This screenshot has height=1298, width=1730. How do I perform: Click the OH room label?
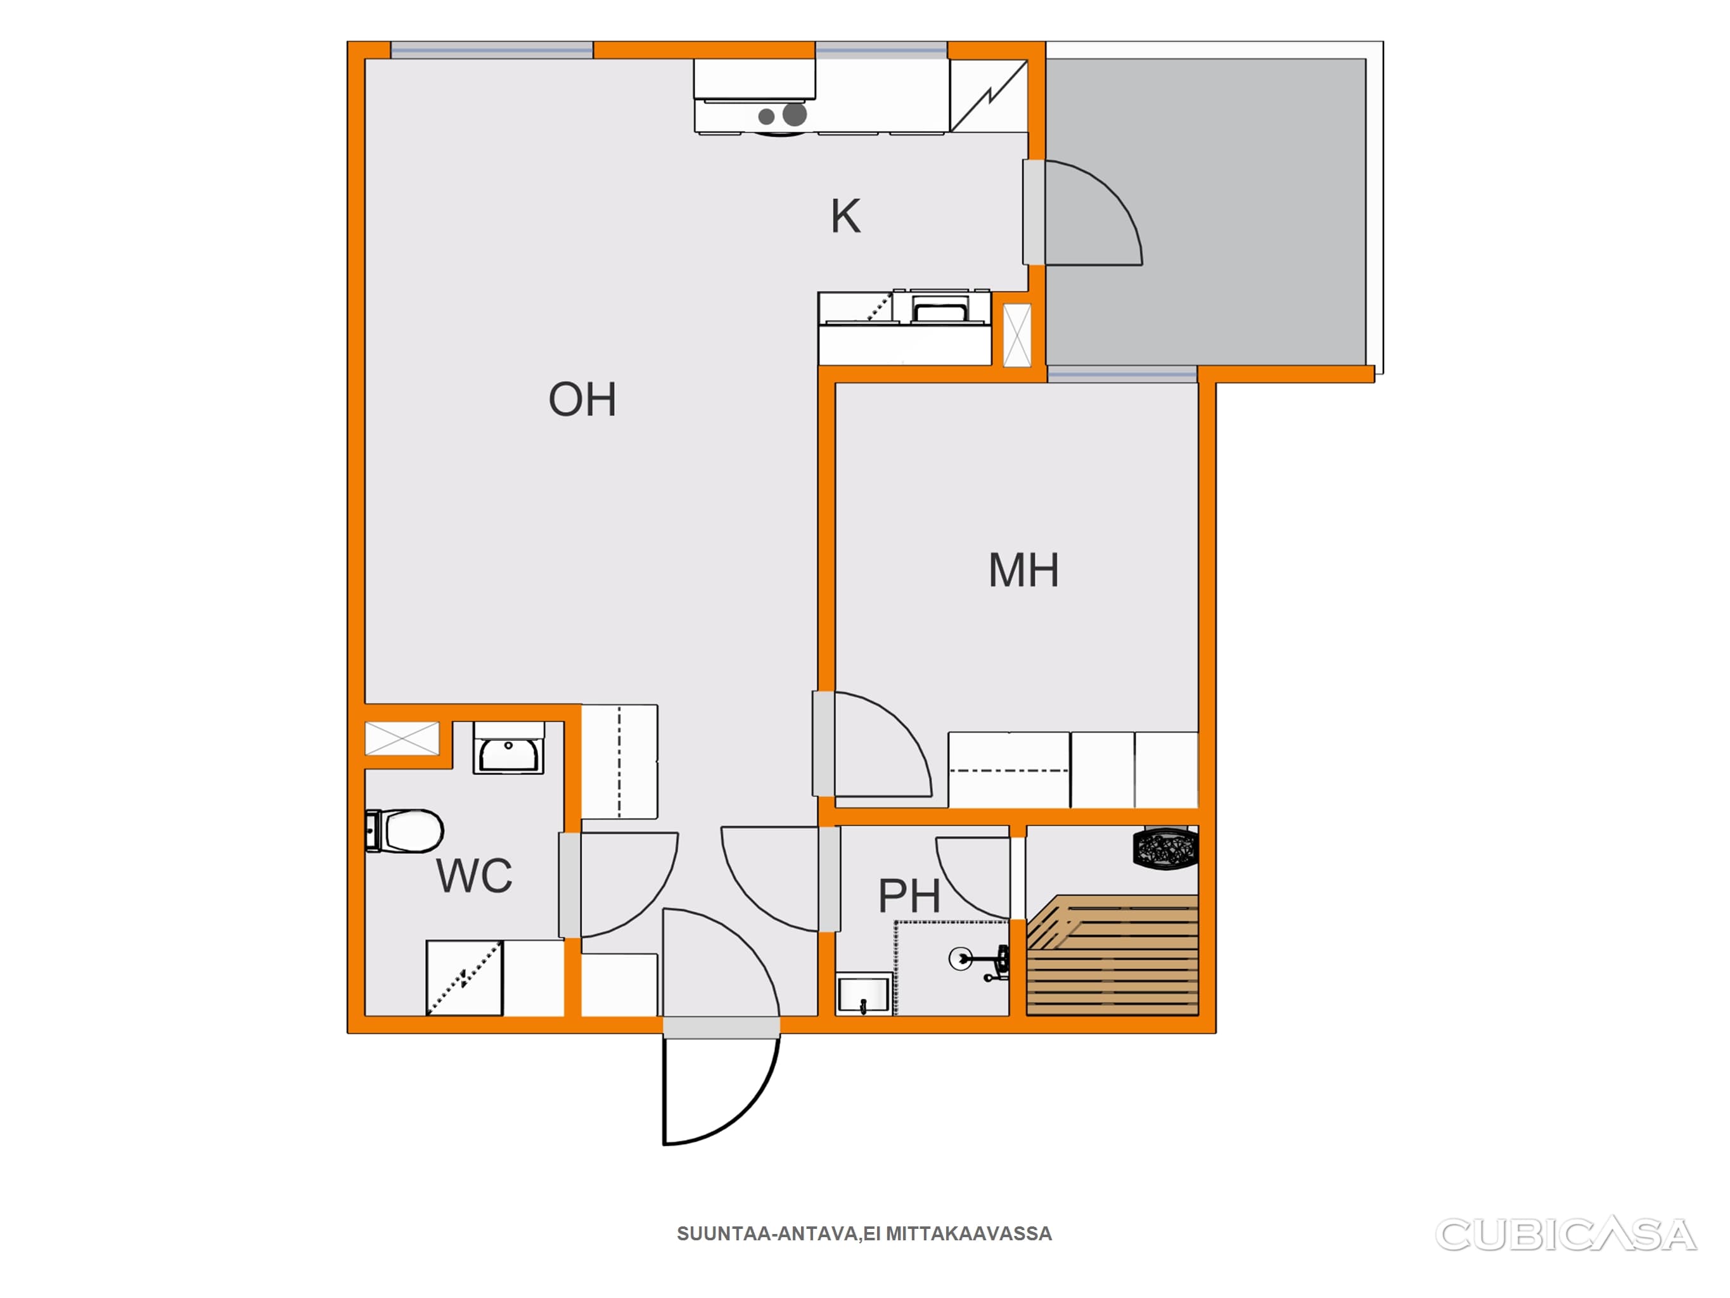tap(582, 399)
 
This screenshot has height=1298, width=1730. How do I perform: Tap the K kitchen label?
tap(845, 216)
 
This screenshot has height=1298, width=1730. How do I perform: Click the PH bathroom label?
tap(909, 896)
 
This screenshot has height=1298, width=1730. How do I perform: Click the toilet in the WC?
tap(404, 831)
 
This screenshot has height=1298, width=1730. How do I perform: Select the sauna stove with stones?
tap(1165, 848)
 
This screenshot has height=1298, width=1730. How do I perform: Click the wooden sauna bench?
tap(1112, 955)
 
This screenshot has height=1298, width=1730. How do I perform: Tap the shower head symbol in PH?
tap(961, 958)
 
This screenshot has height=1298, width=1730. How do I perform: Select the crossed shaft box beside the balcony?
tap(1016, 335)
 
